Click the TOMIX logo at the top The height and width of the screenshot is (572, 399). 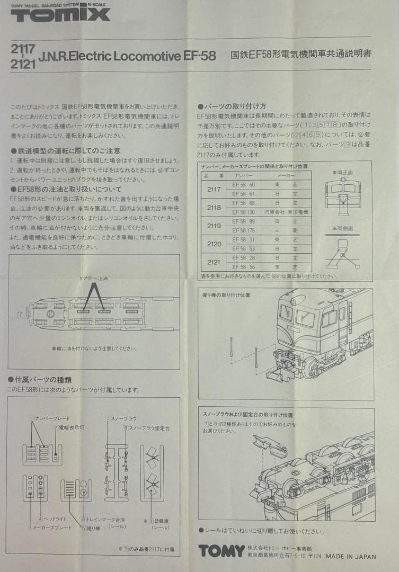[60, 15]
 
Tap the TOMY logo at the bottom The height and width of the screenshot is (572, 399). [221, 551]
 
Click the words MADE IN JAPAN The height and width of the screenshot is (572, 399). [350, 557]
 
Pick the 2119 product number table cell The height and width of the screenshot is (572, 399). [214, 226]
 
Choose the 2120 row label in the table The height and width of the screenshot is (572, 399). [214, 244]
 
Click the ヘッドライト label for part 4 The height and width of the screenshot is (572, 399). [50, 518]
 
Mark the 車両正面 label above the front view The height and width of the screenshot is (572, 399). [342, 173]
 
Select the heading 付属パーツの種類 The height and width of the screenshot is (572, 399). [40, 380]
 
